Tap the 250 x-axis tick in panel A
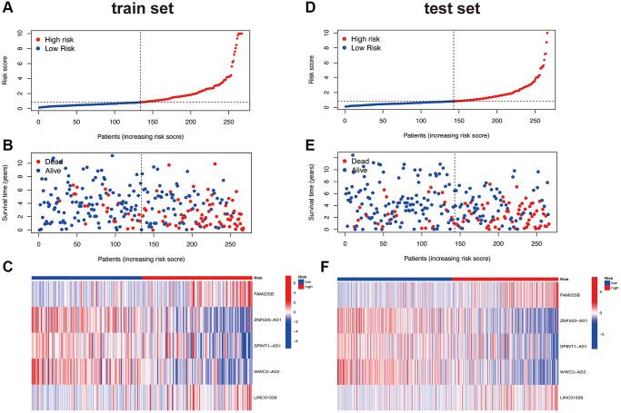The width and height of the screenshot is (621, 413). point(227,119)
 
